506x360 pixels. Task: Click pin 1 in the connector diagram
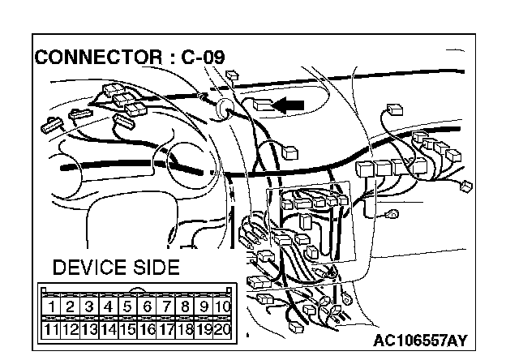(51, 307)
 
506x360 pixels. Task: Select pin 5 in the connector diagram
(128, 307)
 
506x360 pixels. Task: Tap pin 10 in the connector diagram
(225, 307)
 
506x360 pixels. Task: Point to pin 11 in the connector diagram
(51, 329)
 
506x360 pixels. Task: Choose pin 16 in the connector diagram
(148, 329)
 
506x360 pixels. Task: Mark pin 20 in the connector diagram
(225, 329)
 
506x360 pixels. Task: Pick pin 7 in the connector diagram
(167, 307)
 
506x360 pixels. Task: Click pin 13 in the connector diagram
(90, 329)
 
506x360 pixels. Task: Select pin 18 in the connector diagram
(186, 329)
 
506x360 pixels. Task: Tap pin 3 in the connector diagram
(90, 307)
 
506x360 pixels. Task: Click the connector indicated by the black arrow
(263, 105)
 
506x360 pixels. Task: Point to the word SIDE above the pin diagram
(154, 268)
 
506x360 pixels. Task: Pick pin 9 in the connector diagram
(205, 307)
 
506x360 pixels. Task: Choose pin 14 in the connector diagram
(109, 329)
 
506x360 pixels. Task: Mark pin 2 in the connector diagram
(71, 307)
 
